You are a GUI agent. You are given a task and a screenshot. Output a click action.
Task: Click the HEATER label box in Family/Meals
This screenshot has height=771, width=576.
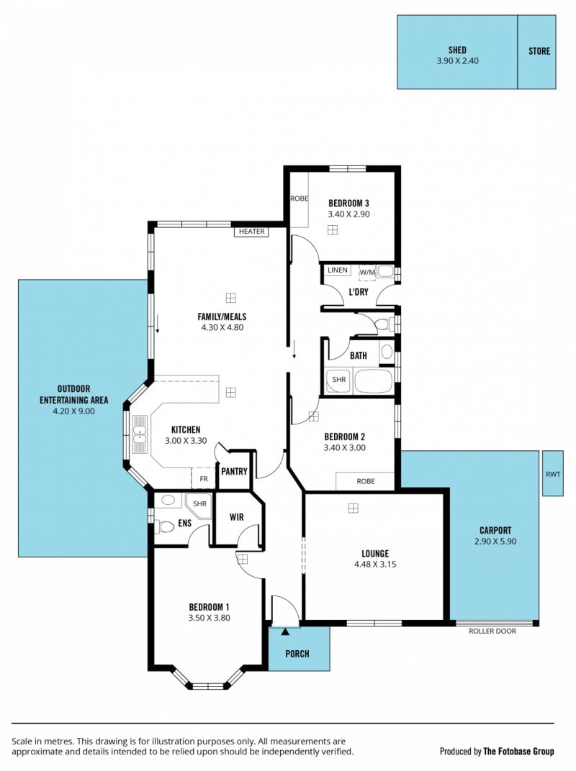[x=251, y=232]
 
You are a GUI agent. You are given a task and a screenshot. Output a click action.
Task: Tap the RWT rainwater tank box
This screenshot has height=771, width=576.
[x=553, y=473]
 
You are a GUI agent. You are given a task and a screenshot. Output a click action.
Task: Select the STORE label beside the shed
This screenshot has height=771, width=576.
[x=539, y=51]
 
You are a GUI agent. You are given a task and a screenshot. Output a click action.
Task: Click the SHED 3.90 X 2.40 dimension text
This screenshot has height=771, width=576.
[x=457, y=61]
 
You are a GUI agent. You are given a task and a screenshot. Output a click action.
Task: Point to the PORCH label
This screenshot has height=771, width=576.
[x=297, y=654]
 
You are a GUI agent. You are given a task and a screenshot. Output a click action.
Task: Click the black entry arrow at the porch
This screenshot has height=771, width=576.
[x=285, y=632]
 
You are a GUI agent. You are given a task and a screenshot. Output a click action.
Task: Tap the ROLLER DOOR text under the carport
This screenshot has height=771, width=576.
[x=492, y=631]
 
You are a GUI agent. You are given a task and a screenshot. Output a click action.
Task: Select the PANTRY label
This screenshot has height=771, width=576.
[x=234, y=472]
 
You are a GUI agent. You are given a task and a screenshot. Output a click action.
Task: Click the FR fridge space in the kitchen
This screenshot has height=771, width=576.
[x=203, y=478]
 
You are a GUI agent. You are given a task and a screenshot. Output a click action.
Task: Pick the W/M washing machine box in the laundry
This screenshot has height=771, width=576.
[x=367, y=273]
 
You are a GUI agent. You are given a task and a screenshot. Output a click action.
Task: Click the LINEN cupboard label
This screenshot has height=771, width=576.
[x=337, y=270]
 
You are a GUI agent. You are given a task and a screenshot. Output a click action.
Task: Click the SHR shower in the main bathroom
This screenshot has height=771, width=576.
[x=338, y=380]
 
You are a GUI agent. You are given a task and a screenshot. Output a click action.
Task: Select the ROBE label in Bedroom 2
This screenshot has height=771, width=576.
[x=366, y=481]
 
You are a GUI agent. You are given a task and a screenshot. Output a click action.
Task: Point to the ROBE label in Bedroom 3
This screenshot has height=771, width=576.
[x=300, y=199]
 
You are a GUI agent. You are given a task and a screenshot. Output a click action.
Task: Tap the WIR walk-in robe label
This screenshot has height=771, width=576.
[x=237, y=517]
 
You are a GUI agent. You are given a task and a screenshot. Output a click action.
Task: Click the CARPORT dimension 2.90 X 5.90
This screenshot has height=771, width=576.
[x=495, y=542]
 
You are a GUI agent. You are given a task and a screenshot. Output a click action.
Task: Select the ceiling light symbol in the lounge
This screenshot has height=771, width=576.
[x=353, y=508]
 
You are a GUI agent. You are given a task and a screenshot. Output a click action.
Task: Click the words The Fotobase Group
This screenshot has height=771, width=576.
[x=519, y=752]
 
